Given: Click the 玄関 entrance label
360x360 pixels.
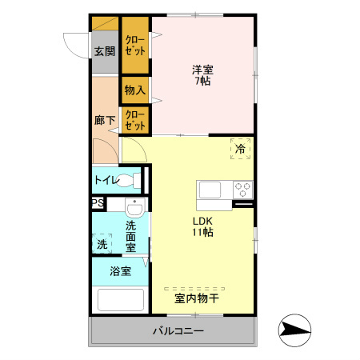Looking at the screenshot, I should [x=104, y=51].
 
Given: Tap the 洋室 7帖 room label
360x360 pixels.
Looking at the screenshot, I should [x=201, y=74].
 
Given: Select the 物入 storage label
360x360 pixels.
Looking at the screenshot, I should [x=134, y=90].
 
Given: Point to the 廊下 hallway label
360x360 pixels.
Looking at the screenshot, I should [x=104, y=121].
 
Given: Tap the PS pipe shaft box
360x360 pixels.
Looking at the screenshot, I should [x=97, y=203].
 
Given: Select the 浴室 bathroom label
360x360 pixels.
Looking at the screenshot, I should [x=120, y=272].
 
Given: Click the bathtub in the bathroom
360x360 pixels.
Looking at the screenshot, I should [x=120, y=299].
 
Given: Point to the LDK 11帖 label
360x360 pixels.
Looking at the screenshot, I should [x=202, y=226].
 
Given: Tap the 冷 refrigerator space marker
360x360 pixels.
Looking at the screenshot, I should [x=240, y=148].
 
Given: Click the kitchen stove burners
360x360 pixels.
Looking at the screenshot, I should [x=242, y=190].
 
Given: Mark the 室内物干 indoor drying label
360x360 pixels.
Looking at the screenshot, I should [x=197, y=298].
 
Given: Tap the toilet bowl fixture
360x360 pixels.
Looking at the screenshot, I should [x=138, y=180].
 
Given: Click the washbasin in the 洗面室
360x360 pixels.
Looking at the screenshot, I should [x=135, y=210].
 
